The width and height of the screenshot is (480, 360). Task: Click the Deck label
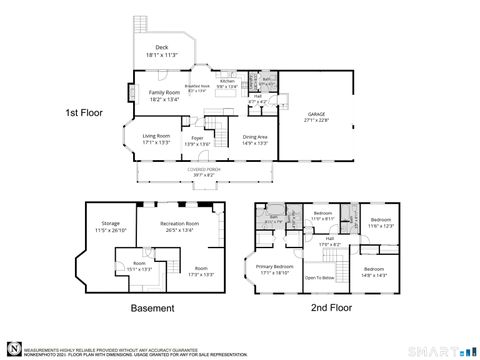coord(161,47)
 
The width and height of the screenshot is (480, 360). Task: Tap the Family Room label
coord(164,92)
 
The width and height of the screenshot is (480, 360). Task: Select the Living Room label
coord(155,136)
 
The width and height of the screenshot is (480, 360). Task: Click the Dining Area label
coord(255,137)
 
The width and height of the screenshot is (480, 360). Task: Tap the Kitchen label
coord(227,82)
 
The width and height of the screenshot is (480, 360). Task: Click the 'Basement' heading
coord(152,309)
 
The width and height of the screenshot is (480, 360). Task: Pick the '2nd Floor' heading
coord(332,309)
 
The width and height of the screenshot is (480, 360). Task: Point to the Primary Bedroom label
coord(275,266)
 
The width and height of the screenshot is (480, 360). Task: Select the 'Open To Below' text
coord(319,277)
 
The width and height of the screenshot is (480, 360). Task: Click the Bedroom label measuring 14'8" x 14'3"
coord(374,270)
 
